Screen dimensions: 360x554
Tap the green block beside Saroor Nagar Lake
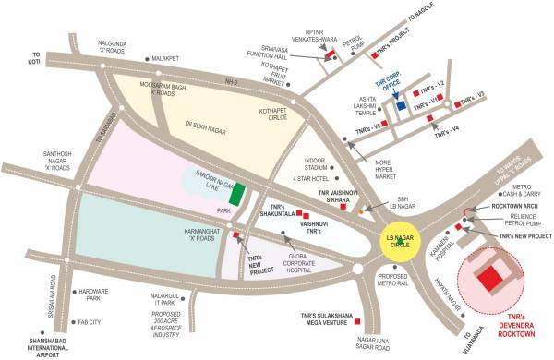[x=237, y=195]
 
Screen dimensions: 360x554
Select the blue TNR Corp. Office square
[x=401, y=105]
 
